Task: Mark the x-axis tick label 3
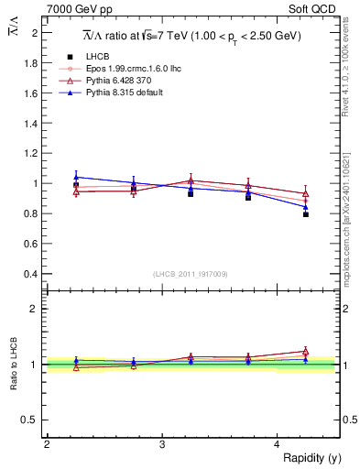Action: [x=161, y=444]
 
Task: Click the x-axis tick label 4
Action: [x=278, y=444]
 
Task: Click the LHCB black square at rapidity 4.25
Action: [x=306, y=214]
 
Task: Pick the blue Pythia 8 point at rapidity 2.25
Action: [x=76, y=177]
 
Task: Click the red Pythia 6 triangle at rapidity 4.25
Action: [x=306, y=193]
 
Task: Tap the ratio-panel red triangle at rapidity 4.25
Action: [x=306, y=351]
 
